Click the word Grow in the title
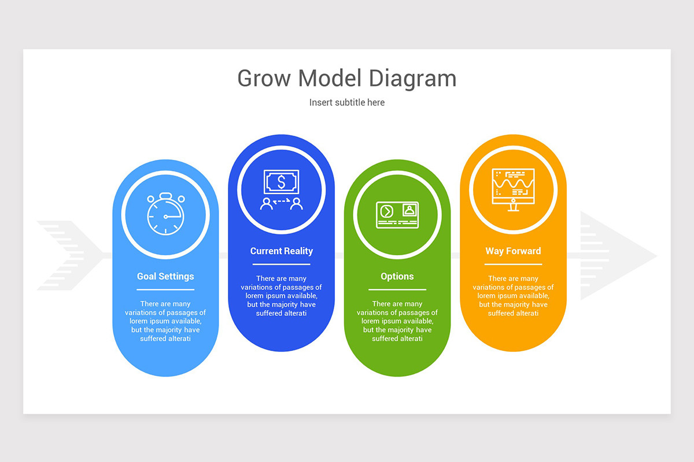click(x=264, y=79)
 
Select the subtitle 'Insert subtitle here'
click(x=347, y=102)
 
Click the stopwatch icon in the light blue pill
click(x=165, y=215)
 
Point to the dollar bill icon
click(x=282, y=182)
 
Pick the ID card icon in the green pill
click(x=397, y=215)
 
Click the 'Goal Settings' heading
click(x=165, y=276)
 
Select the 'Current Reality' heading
click(x=282, y=251)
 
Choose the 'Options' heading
click(x=397, y=276)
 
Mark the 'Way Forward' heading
click(x=513, y=251)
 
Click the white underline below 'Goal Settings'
click(x=165, y=289)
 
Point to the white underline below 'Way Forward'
click(x=513, y=264)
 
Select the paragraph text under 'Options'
click(x=397, y=321)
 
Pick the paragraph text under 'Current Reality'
click(x=282, y=296)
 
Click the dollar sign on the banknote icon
click(x=282, y=182)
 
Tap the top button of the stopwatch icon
click(x=165, y=195)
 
